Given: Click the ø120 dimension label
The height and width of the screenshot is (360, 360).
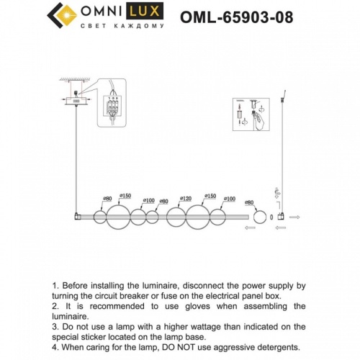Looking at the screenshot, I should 185,198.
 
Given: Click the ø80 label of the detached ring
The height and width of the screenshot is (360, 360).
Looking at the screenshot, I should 250,203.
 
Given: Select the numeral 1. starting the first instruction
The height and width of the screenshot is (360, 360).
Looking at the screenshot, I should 56,286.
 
